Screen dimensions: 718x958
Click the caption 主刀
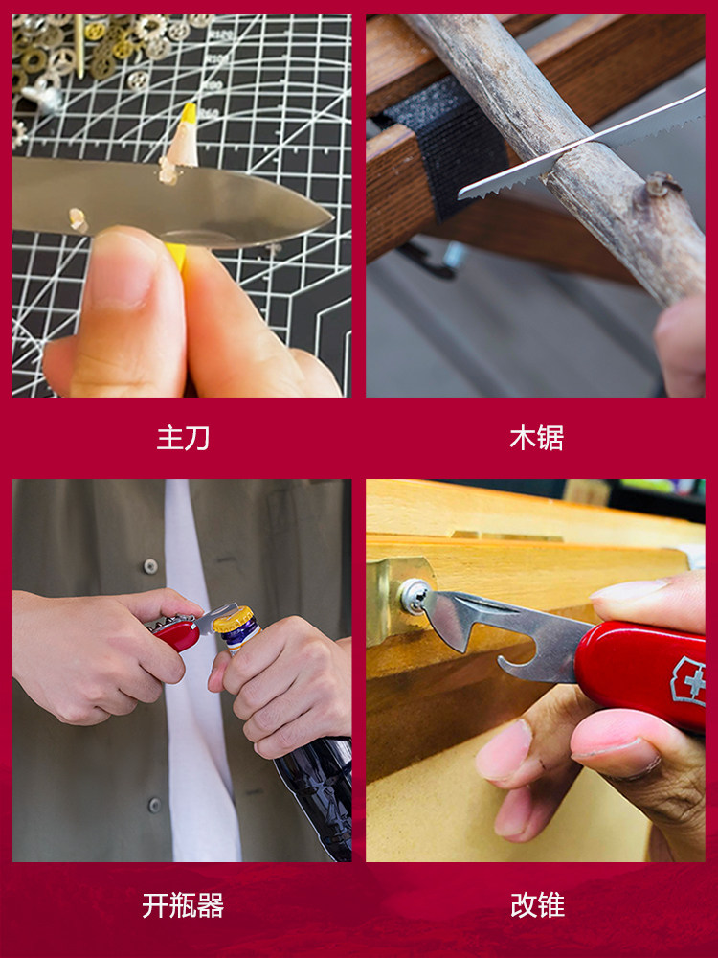(183, 438)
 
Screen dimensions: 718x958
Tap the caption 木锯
(536, 438)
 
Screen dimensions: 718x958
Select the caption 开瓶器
(183, 905)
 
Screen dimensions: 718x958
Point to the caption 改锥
(537, 905)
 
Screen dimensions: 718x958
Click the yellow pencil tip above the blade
(189, 112)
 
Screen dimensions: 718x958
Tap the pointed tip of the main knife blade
(331, 216)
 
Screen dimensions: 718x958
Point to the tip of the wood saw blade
(461, 194)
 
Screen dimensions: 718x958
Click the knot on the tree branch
(662, 183)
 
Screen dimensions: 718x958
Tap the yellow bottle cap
(233, 619)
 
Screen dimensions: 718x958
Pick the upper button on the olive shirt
(150, 566)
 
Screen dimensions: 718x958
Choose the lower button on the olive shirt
(155, 805)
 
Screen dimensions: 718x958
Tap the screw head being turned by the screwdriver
(414, 596)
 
